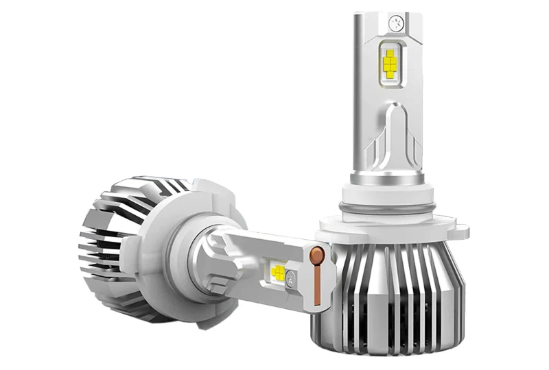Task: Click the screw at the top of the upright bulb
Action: (395, 22)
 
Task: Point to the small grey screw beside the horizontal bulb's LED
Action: (291, 277)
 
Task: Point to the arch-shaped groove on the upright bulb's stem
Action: (391, 134)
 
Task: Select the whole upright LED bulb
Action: (388, 185)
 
